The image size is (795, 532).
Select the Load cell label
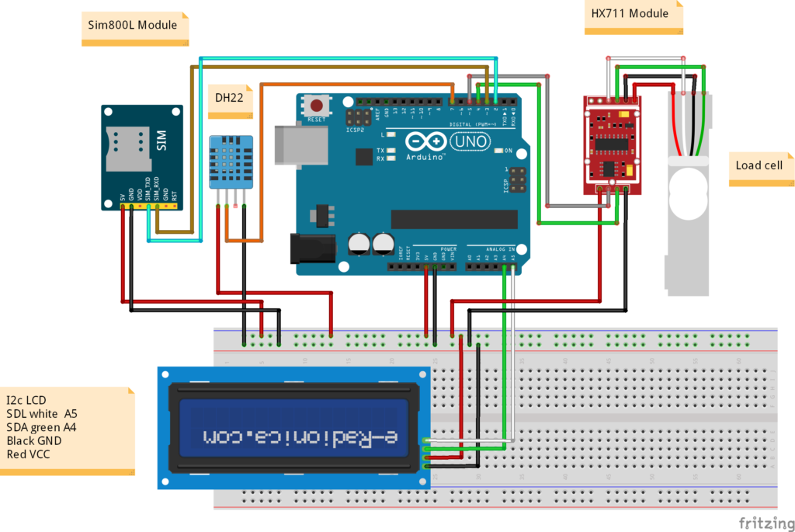[x=759, y=165]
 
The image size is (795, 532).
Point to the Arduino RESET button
[x=316, y=106]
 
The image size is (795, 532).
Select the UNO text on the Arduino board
[x=471, y=142]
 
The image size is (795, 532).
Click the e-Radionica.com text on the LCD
[x=299, y=436]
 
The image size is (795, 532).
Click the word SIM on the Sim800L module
[x=161, y=140]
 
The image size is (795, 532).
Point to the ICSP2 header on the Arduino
[x=358, y=118]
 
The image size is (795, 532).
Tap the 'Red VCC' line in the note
[x=28, y=454]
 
